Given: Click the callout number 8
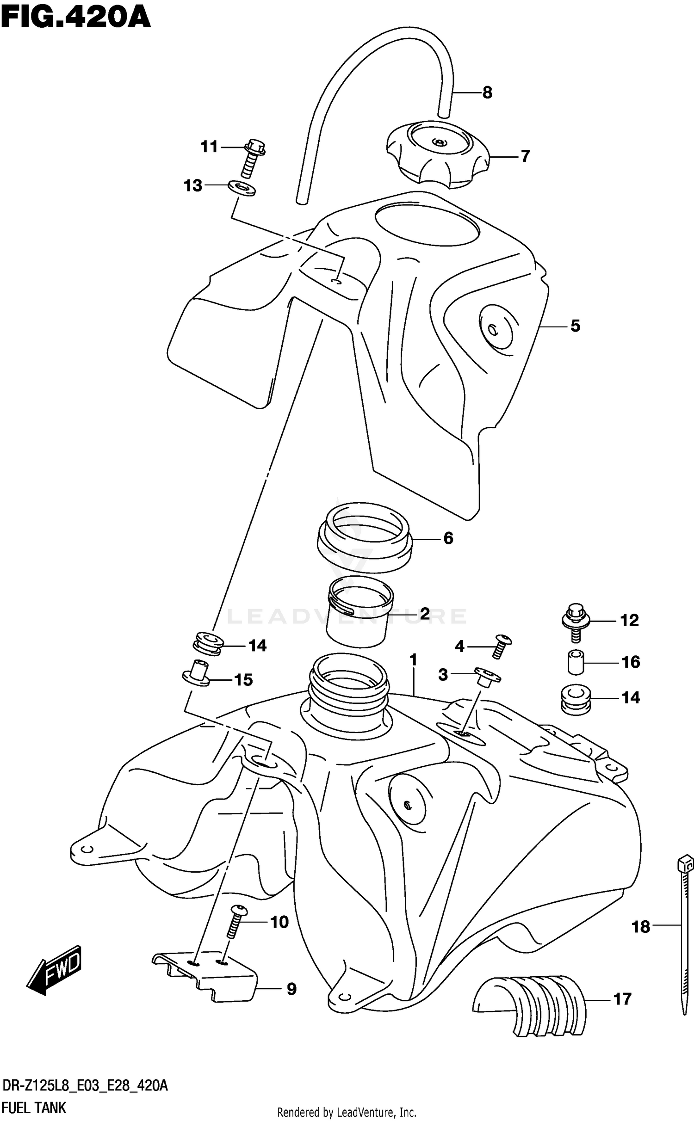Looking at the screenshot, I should [487, 93].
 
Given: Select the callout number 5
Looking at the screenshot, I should [575, 326].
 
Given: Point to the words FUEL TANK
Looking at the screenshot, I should [34, 1108].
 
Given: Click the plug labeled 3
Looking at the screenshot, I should [486, 677].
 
